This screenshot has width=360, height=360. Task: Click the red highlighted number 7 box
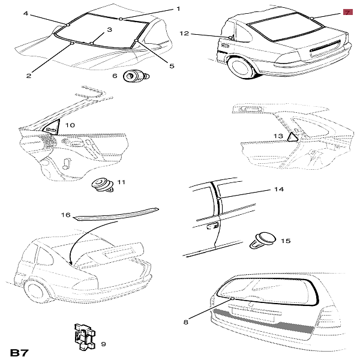pos(347,12)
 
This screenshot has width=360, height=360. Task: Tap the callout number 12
pos(184,34)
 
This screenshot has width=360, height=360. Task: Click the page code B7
pos(19,349)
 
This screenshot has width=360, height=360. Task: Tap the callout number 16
pos(66,215)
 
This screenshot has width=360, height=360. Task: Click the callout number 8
pos(185,322)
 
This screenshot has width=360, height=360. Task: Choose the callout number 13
pos(278,136)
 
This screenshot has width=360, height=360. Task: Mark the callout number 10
pos(70,125)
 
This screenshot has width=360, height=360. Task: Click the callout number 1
pos(178,8)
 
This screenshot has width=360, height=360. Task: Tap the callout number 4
pos(26,12)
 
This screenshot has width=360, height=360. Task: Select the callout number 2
pos(28,76)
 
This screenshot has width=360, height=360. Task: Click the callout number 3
pos(110,29)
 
